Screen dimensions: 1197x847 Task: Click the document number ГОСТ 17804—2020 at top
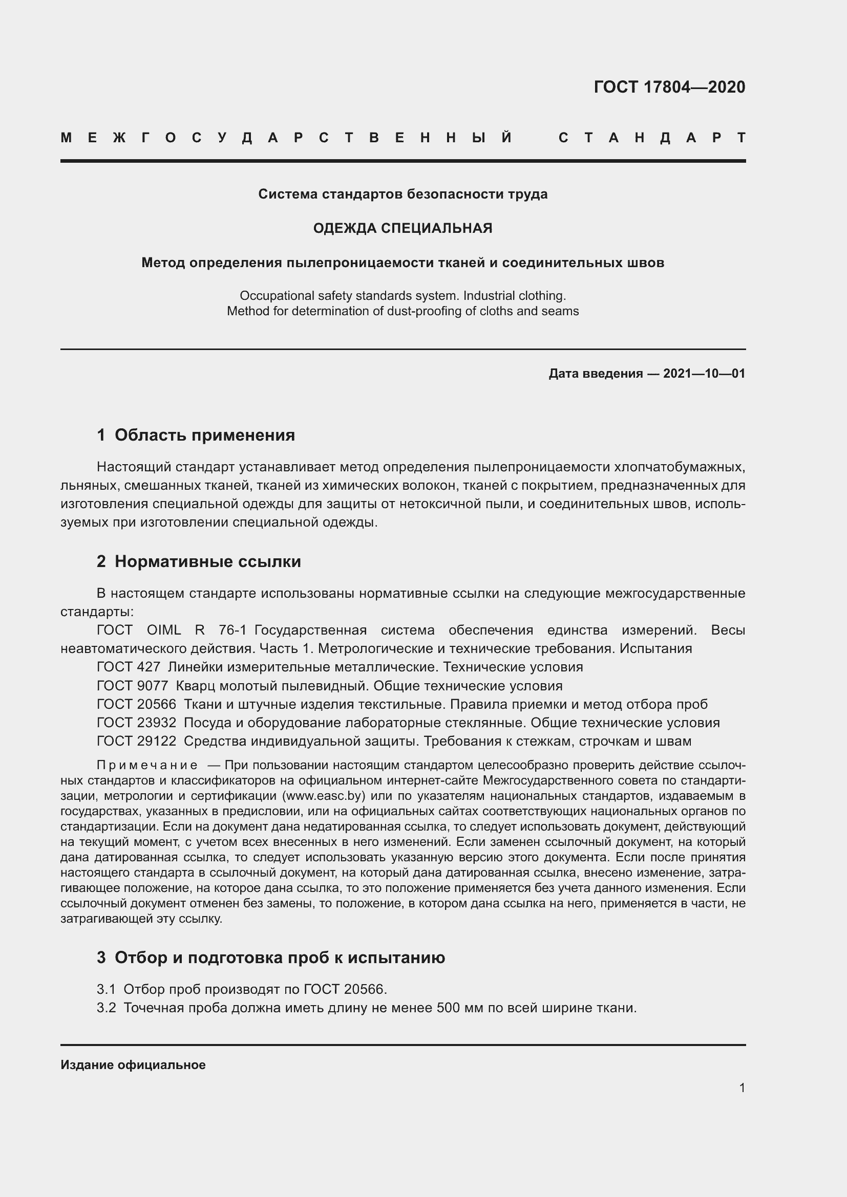coord(669,87)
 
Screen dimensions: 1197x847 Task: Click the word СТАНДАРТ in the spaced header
coord(652,138)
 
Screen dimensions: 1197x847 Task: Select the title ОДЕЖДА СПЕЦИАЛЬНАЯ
coord(403,228)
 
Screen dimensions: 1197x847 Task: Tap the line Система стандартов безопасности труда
coord(403,194)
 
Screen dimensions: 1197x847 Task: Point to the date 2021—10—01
coord(704,374)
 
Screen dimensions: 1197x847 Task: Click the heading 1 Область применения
coord(196,435)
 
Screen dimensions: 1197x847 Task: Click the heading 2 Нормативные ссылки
coord(199,561)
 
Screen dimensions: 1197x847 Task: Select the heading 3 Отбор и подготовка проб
coord(271,957)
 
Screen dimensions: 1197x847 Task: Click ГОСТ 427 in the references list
coord(129,667)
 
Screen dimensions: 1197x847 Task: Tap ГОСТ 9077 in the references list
coord(133,686)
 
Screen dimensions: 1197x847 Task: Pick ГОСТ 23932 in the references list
coord(137,723)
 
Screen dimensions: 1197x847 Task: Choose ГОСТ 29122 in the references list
coord(137,742)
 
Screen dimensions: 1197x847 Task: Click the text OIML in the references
coord(164,630)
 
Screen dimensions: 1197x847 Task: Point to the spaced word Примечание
coord(147,765)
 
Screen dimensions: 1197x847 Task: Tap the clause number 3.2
coord(106,1008)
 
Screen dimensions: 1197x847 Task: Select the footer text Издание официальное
coord(133,1065)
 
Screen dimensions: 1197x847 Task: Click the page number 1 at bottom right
coord(742,1088)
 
